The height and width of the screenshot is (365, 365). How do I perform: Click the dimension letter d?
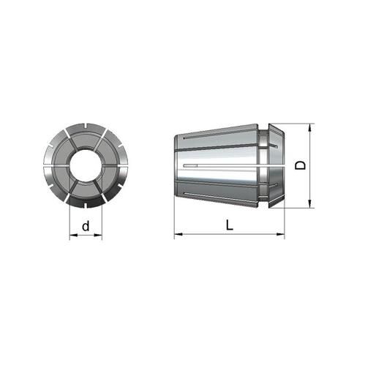pyautogui.click(x=86, y=226)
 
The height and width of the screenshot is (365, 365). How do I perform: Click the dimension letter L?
pyautogui.click(x=230, y=225)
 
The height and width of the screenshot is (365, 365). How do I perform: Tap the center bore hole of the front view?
pyautogui.click(x=86, y=165)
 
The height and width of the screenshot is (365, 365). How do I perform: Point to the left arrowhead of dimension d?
pyautogui.click(x=74, y=236)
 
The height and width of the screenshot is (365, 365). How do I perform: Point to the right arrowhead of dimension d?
pyautogui.click(x=98, y=236)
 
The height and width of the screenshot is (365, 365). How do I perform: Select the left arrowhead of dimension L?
pyautogui.click(x=178, y=234)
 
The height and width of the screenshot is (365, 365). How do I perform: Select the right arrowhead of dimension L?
pyautogui.click(x=280, y=234)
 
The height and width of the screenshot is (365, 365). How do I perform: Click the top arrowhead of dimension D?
pyautogui.click(x=310, y=127)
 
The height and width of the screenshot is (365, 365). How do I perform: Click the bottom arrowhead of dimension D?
pyautogui.click(x=310, y=204)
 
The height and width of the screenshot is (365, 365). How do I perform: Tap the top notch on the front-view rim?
pyautogui.click(x=86, y=126)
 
